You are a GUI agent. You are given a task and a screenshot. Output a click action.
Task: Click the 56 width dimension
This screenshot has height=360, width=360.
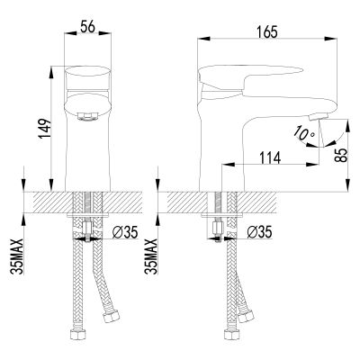pos(87,27)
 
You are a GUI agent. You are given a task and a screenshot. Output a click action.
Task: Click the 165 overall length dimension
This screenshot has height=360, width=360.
pos(267,32)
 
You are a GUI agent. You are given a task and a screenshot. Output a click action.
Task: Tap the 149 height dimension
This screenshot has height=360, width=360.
pos(44,129)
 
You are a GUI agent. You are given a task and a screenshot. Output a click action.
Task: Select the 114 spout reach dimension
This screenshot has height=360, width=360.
pos(270,158)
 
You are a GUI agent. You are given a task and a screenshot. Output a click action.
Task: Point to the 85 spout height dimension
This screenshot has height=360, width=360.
pos(341,155)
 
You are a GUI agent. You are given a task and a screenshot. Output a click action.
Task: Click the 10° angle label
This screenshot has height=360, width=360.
pos(303,133)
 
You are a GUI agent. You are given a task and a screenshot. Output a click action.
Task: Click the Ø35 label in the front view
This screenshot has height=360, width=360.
pos(125,232)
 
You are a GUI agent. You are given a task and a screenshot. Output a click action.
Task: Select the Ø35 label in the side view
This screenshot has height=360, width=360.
pos(259,232)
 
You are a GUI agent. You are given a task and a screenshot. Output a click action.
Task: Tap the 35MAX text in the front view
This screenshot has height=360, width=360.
pos(17,256)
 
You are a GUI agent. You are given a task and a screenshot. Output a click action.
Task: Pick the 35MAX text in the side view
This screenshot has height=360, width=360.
pos(151,256)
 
